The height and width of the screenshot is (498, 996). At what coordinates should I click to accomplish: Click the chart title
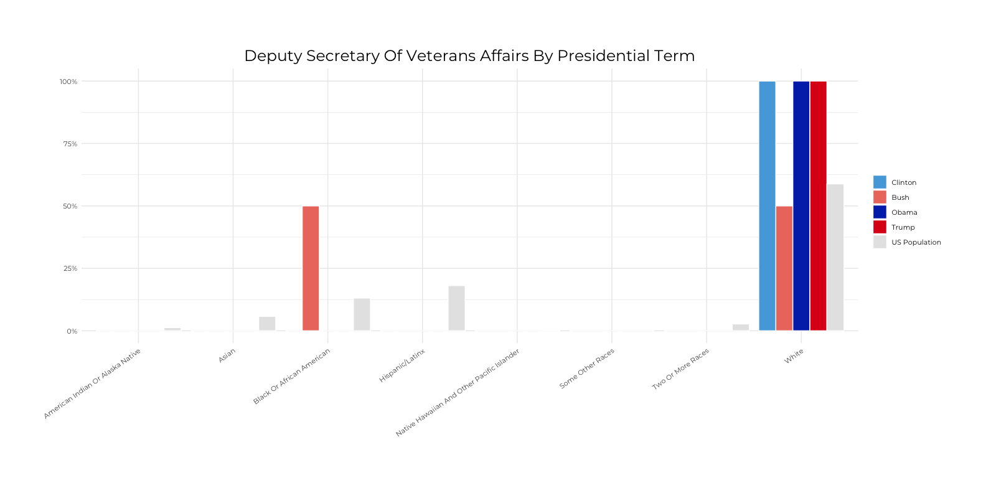pos(469,56)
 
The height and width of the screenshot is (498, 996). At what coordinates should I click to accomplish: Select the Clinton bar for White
pos(767,205)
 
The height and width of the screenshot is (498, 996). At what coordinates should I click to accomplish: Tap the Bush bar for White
pos(784,268)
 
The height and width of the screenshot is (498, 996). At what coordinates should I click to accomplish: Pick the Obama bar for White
pos(801,205)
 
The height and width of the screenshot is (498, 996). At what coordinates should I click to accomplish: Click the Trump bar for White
pos(818,205)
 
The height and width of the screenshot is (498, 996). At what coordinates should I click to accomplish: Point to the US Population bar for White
pos(835,257)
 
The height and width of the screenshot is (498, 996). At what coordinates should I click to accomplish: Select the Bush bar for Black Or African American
pos(311,268)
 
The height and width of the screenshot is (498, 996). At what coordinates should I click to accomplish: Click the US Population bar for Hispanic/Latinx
pos(456,308)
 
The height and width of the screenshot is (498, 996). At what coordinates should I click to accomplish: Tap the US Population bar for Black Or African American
pos(362,314)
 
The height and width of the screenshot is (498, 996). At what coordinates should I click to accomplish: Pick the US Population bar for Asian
pos(267,324)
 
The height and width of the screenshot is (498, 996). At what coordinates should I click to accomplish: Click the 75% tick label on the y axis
pos(70,144)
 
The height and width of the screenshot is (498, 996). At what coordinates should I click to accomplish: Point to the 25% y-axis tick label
pos(70,268)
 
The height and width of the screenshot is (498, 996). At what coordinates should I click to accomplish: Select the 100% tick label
pos(68,82)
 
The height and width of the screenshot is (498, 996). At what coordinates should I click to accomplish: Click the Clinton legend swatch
pos(880,182)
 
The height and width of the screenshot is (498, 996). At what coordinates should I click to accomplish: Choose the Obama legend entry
pos(904,212)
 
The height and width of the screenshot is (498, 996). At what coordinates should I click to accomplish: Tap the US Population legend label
pos(916,242)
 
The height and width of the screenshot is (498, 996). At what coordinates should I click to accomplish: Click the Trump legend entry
pos(903,227)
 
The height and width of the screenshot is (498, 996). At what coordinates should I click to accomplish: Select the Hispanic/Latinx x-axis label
pos(402,365)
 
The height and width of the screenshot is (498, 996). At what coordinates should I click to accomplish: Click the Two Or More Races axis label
pos(680,369)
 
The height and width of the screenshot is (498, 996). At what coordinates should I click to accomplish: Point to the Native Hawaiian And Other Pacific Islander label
pos(458,392)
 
